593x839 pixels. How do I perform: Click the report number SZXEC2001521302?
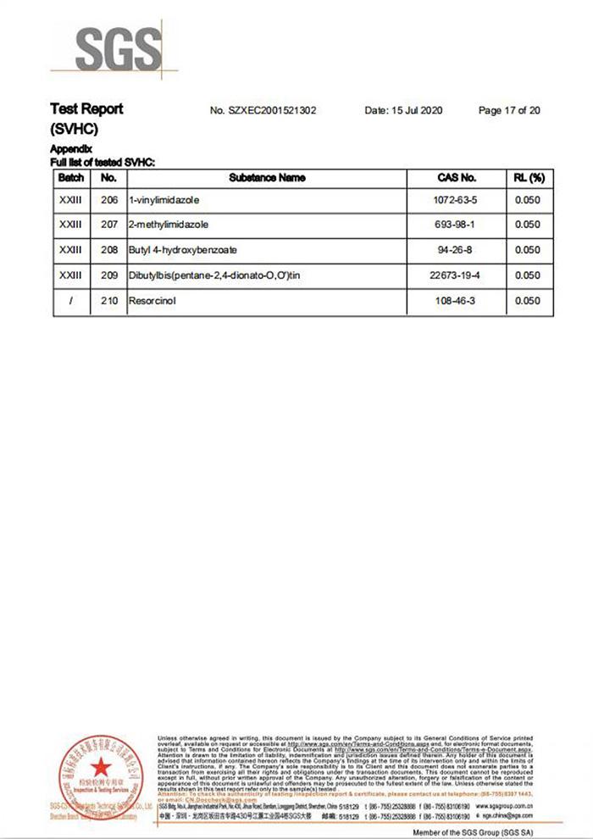click(263, 110)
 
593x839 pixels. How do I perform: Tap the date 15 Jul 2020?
click(403, 110)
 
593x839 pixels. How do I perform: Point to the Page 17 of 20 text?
click(509, 110)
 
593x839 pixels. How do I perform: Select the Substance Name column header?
click(267, 178)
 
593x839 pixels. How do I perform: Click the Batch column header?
click(71, 178)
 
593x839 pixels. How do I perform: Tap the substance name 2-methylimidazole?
click(169, 225)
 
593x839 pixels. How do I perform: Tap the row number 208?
click(108, 250)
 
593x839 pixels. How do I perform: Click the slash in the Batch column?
click(71, 301)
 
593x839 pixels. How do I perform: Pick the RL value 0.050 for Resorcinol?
click(527, 301)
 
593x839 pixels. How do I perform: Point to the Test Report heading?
click(86, 109)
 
